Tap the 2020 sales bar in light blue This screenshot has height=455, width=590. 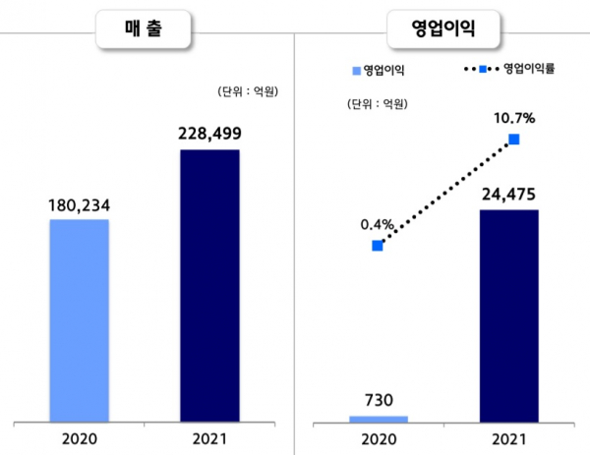[x=80, y=320]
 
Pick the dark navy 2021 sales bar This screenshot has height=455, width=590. [x=209, y=286]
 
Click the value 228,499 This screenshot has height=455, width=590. [x=209, y=136]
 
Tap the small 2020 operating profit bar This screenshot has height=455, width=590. [x=379, y=419]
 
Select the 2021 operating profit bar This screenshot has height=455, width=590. [x=508, y=315]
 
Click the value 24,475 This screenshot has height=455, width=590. [x=508, y=195]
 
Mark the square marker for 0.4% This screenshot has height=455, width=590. [x=378, y=246]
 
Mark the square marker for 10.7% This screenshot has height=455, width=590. [x=513, y=141]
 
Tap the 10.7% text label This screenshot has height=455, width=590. [x=513, y=119]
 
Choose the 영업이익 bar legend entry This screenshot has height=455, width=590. [x=378, y=70]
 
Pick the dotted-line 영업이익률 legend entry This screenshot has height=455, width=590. [x=511, y=69]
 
